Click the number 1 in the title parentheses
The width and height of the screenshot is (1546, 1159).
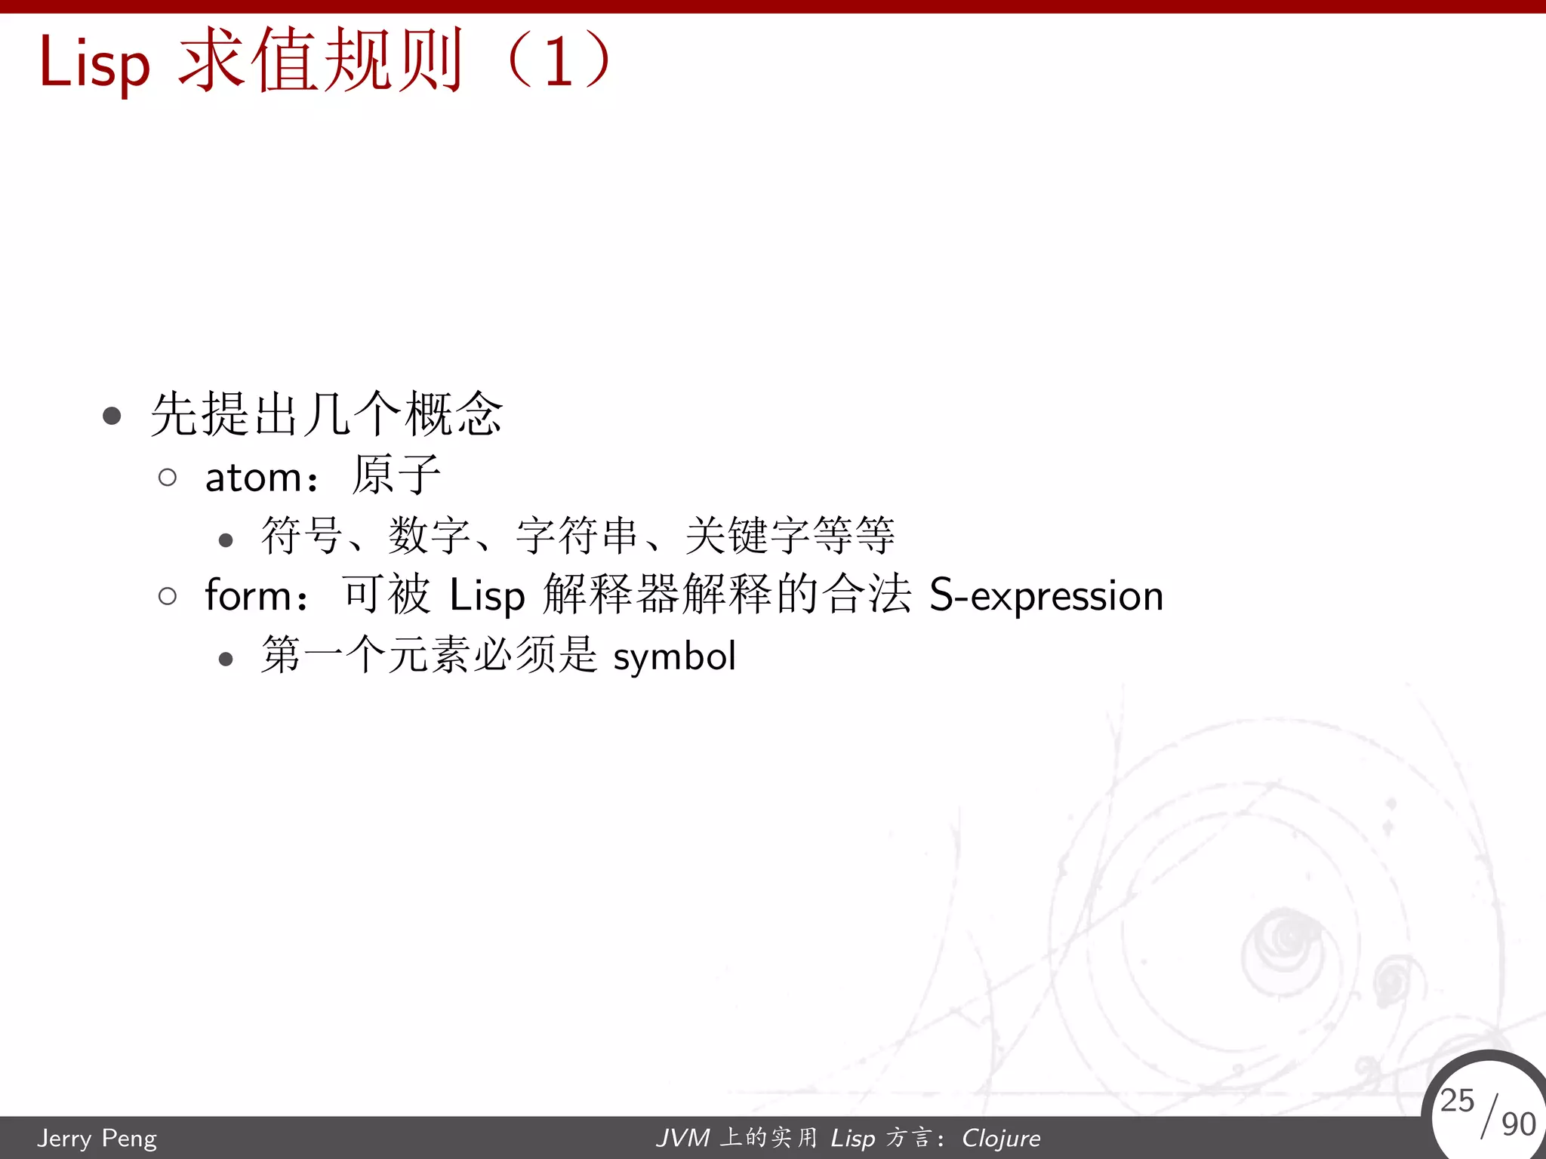click(559, 62)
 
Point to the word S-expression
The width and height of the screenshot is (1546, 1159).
click(1046, 595)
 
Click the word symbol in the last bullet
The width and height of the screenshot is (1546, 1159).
click(674, 656)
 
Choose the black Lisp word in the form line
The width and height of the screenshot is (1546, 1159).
click(487, 595)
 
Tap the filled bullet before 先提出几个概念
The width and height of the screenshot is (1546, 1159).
click(112, 415)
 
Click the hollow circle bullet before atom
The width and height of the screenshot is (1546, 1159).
click(168, 477)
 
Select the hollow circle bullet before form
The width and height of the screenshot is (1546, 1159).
click(168, 596)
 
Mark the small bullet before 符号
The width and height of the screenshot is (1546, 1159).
click(225, 540)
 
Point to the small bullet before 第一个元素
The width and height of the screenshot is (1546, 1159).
click(225, 659)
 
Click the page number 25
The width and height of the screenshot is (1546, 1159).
click(1456, 1100)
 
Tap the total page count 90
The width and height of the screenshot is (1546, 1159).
click(1518, 1124)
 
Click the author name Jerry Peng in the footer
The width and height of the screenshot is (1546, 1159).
click(97, 1138)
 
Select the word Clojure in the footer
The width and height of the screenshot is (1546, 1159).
click(1001, 1138)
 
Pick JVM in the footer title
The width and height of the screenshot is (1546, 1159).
click(683, 1138)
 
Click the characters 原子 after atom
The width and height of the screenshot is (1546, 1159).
click(396, 475)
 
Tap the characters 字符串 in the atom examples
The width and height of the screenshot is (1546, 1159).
click(577, 536)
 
